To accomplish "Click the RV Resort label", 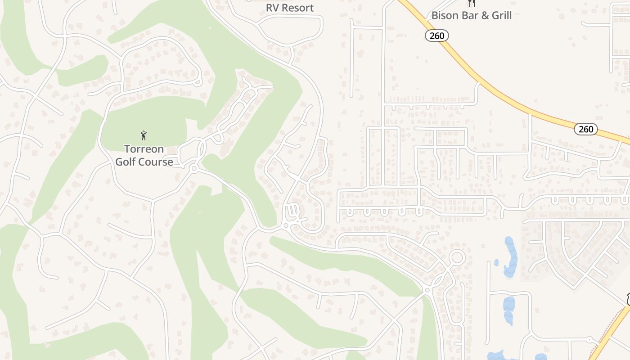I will pyautogui.click(x=289, y=8).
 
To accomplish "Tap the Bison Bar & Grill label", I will pyautogui.click(x=471, y=15).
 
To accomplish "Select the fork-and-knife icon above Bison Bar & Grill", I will pyautogui.click(x=471, y=3).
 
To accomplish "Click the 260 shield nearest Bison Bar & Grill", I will pyautogui.click(x=437, y=36).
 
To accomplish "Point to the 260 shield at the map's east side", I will pyautogui.click(x=586, y=129).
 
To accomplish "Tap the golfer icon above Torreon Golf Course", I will pyautogui.click(x=144, y=135).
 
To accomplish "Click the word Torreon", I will pyautogui.click(x=144, y=149).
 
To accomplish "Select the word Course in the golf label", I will pyautogui.click(x=157, y=162).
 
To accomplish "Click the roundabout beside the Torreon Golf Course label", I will pyautogui.click(x=194, y=169).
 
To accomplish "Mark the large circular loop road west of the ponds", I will pyautogui.click(x=457, y=258).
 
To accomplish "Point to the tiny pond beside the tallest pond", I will pyautogui.click(x=496, y=262).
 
